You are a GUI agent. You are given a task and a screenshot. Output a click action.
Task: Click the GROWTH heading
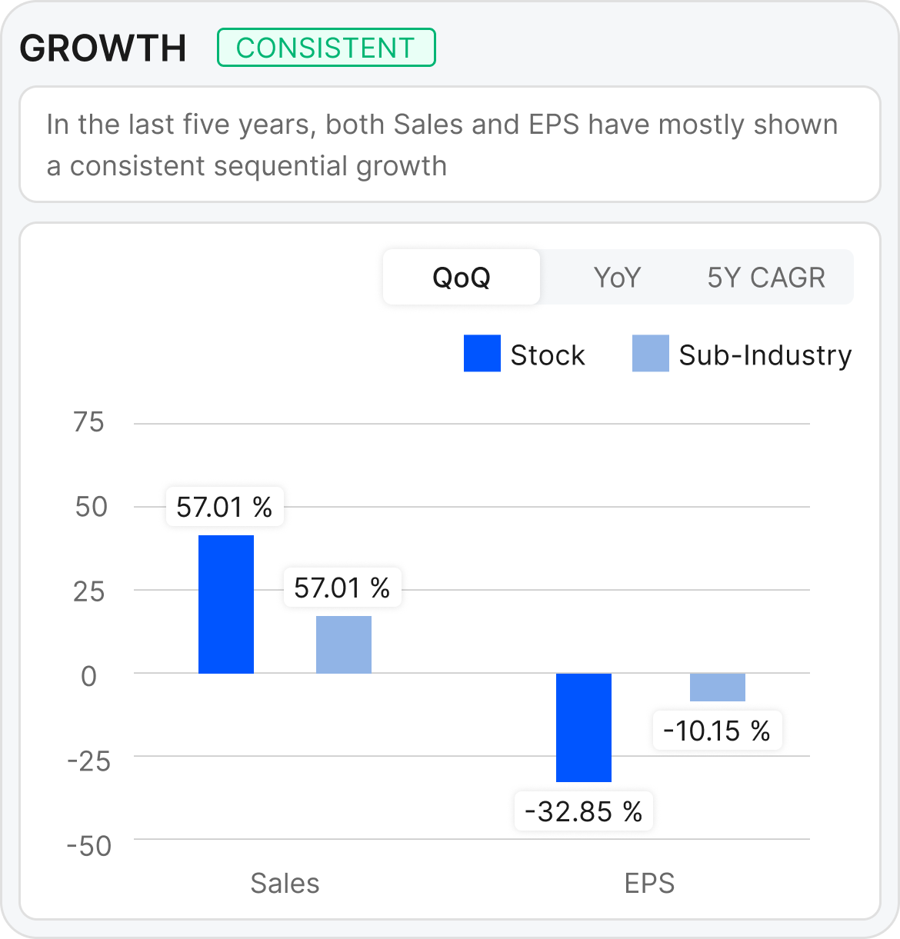103,48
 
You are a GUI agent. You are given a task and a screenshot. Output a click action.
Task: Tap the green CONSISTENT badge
326,48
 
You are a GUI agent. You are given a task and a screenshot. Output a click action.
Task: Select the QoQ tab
462,277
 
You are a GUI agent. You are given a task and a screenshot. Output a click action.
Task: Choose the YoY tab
617,277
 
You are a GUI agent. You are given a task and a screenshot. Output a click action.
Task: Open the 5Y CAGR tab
766,277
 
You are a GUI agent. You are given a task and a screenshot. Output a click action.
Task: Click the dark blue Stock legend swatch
482,354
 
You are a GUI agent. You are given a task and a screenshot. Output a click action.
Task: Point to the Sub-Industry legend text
765,355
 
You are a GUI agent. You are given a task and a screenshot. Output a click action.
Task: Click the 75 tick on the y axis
88,422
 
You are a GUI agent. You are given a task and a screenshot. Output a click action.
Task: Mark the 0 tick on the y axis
89,676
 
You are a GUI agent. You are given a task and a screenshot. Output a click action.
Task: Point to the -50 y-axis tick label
88,846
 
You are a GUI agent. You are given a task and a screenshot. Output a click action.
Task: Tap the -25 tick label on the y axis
88,761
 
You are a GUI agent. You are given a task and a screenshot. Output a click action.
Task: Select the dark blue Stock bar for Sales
226,604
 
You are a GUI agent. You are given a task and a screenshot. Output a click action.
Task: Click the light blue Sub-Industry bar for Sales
344,644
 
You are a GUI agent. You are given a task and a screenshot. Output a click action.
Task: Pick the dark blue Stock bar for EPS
584,727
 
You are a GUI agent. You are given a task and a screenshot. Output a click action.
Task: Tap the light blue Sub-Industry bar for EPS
718,687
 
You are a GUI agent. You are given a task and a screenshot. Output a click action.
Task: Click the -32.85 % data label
583,811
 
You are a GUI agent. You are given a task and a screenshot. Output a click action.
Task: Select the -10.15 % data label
717,731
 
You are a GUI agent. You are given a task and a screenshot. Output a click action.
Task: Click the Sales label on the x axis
285,884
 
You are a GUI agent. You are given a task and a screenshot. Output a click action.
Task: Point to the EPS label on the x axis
649,884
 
